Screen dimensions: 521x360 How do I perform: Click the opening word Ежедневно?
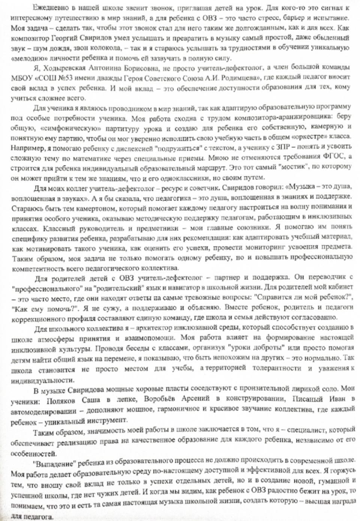click(x=47, y=8)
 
